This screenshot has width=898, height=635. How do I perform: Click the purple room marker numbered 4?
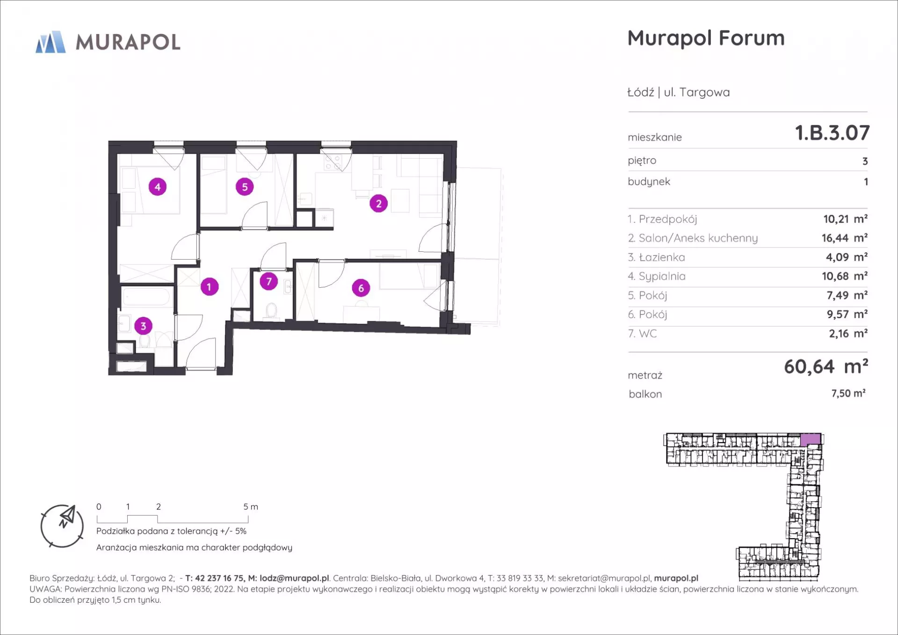point(158,187)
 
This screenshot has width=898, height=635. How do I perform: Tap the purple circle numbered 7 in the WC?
point(269,281)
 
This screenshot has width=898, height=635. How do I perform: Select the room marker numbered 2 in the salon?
point(379,204)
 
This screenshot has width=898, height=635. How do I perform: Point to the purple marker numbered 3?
point(144,326)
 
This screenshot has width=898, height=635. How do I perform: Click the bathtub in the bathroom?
point(146,297)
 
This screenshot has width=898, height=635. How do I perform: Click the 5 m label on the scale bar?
point(251,507)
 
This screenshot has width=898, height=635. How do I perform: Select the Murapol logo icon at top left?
point(51,42)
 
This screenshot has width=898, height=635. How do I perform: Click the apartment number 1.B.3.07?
point(833,133)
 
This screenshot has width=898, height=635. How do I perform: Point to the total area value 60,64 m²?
point(826,366)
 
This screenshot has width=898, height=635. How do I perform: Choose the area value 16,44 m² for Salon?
point(845,238)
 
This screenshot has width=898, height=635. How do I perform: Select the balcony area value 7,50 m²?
point(848,394)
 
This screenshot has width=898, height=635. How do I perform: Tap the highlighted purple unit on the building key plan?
point(811,439)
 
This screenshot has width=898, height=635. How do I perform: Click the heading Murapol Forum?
point(706,38)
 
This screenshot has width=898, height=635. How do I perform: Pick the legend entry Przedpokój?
point(662,219)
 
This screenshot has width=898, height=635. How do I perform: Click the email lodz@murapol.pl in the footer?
point(294,578)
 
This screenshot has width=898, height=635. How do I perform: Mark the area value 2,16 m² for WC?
point(848,334)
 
